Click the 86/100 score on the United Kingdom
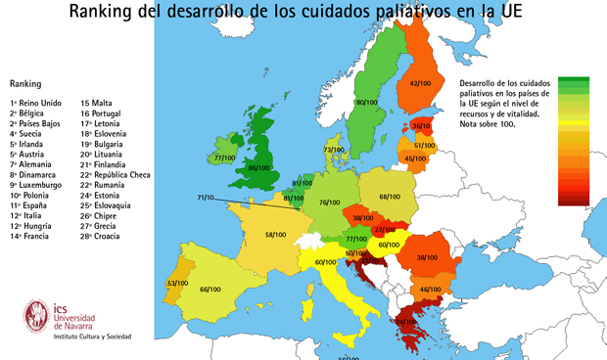click(x=258, y=168)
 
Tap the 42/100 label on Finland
click(x=420, y=83)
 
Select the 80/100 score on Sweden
click(x=366, y=103)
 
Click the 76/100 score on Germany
click(x=329, y=202)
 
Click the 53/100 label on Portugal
click(x=177, y=284)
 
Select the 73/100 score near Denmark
click(x=334, y=150)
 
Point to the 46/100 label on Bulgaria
click(x=430, y=289)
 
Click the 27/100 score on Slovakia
click(x=385, y=230)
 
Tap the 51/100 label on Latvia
click(x=424, y=146)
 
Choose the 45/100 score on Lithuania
click(x=415, y=158)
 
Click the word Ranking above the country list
click(x=24, y=84)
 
